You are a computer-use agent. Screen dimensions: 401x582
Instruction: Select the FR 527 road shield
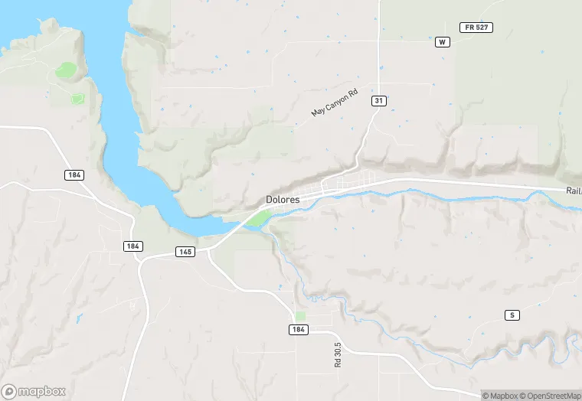[x=476, y=28]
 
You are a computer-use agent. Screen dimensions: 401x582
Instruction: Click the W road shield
[x=441, y=42]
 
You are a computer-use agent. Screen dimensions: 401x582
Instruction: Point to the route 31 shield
[x=378, y=100]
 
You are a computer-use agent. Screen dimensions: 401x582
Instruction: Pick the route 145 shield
[x=185, y=251]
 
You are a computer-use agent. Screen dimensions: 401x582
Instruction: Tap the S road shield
[x=512, y=315]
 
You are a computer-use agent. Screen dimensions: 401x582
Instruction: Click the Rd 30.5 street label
[x=337, y=354]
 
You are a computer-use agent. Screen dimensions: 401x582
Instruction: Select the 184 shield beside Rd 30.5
[x=299, y=329]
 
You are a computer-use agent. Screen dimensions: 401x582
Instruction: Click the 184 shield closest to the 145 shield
[x=132, y=246]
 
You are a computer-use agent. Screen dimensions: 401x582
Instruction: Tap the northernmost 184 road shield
[x=74, y=175]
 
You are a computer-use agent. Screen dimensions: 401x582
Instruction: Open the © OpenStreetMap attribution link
[x=551, y=396]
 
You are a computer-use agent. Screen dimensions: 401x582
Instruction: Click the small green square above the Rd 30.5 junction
[x=300, y=316]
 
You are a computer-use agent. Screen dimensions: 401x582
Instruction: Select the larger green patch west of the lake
[x=67, y=70]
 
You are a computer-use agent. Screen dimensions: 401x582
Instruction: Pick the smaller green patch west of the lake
[x=77, y=99]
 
